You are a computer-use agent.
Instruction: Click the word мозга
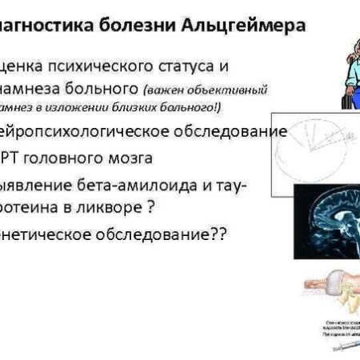pos(147,158)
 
